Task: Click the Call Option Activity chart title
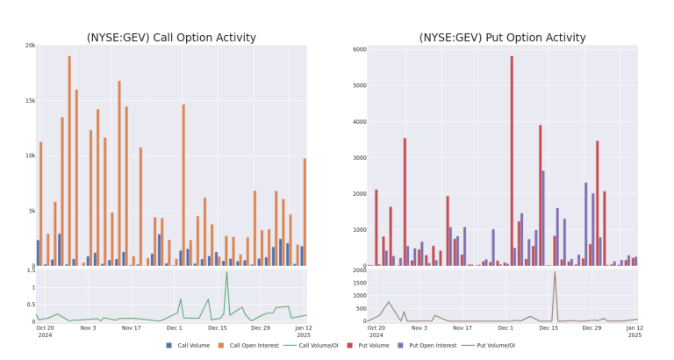coord(171,38)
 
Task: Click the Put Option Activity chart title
coord(502,38)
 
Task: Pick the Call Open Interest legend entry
coord(248,345)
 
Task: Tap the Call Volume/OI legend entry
coord(311,345)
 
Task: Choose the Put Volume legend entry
coord(368,345)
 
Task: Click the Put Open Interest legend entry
coord(427,345)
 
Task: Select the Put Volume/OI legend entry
coord(488,345)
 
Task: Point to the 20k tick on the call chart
coord(30,46)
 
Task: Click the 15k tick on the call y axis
coord(30,101)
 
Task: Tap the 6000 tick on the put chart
coord(360,49)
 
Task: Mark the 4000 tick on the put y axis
coord(360,122)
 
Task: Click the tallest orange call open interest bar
coord(69,161)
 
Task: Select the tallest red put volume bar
coord(512,161)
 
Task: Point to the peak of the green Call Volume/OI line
coord(226,272)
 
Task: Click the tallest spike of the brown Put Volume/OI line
coord(555,272)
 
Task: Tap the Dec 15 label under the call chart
coord(218,328)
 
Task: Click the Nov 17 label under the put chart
coord(462,328)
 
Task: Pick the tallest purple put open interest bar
coord(543,219)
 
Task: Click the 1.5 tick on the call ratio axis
coord(31,270)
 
